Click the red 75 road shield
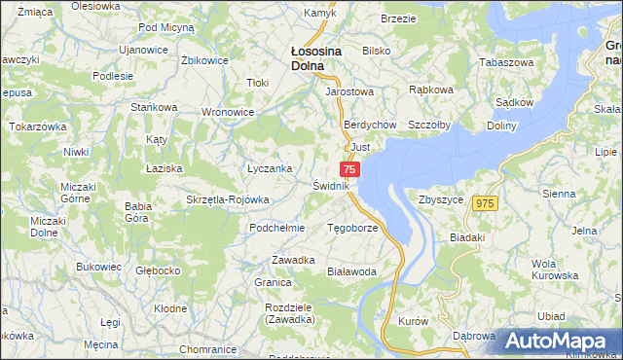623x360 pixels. [x=351, y=169]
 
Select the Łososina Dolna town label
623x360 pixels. [x=314, y=59]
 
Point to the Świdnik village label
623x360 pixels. [x=331, y=185]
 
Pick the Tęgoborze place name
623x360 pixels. [x=352, y=229]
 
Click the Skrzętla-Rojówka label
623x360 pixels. [x=227, y=199]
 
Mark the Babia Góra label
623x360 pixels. [x=136, y=212]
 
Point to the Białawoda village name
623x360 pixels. [x=351, y=272]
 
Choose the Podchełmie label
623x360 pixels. [x=277, y=228]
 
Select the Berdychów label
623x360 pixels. [x=369, y=126]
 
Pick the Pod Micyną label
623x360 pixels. [x=166, y=28]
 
